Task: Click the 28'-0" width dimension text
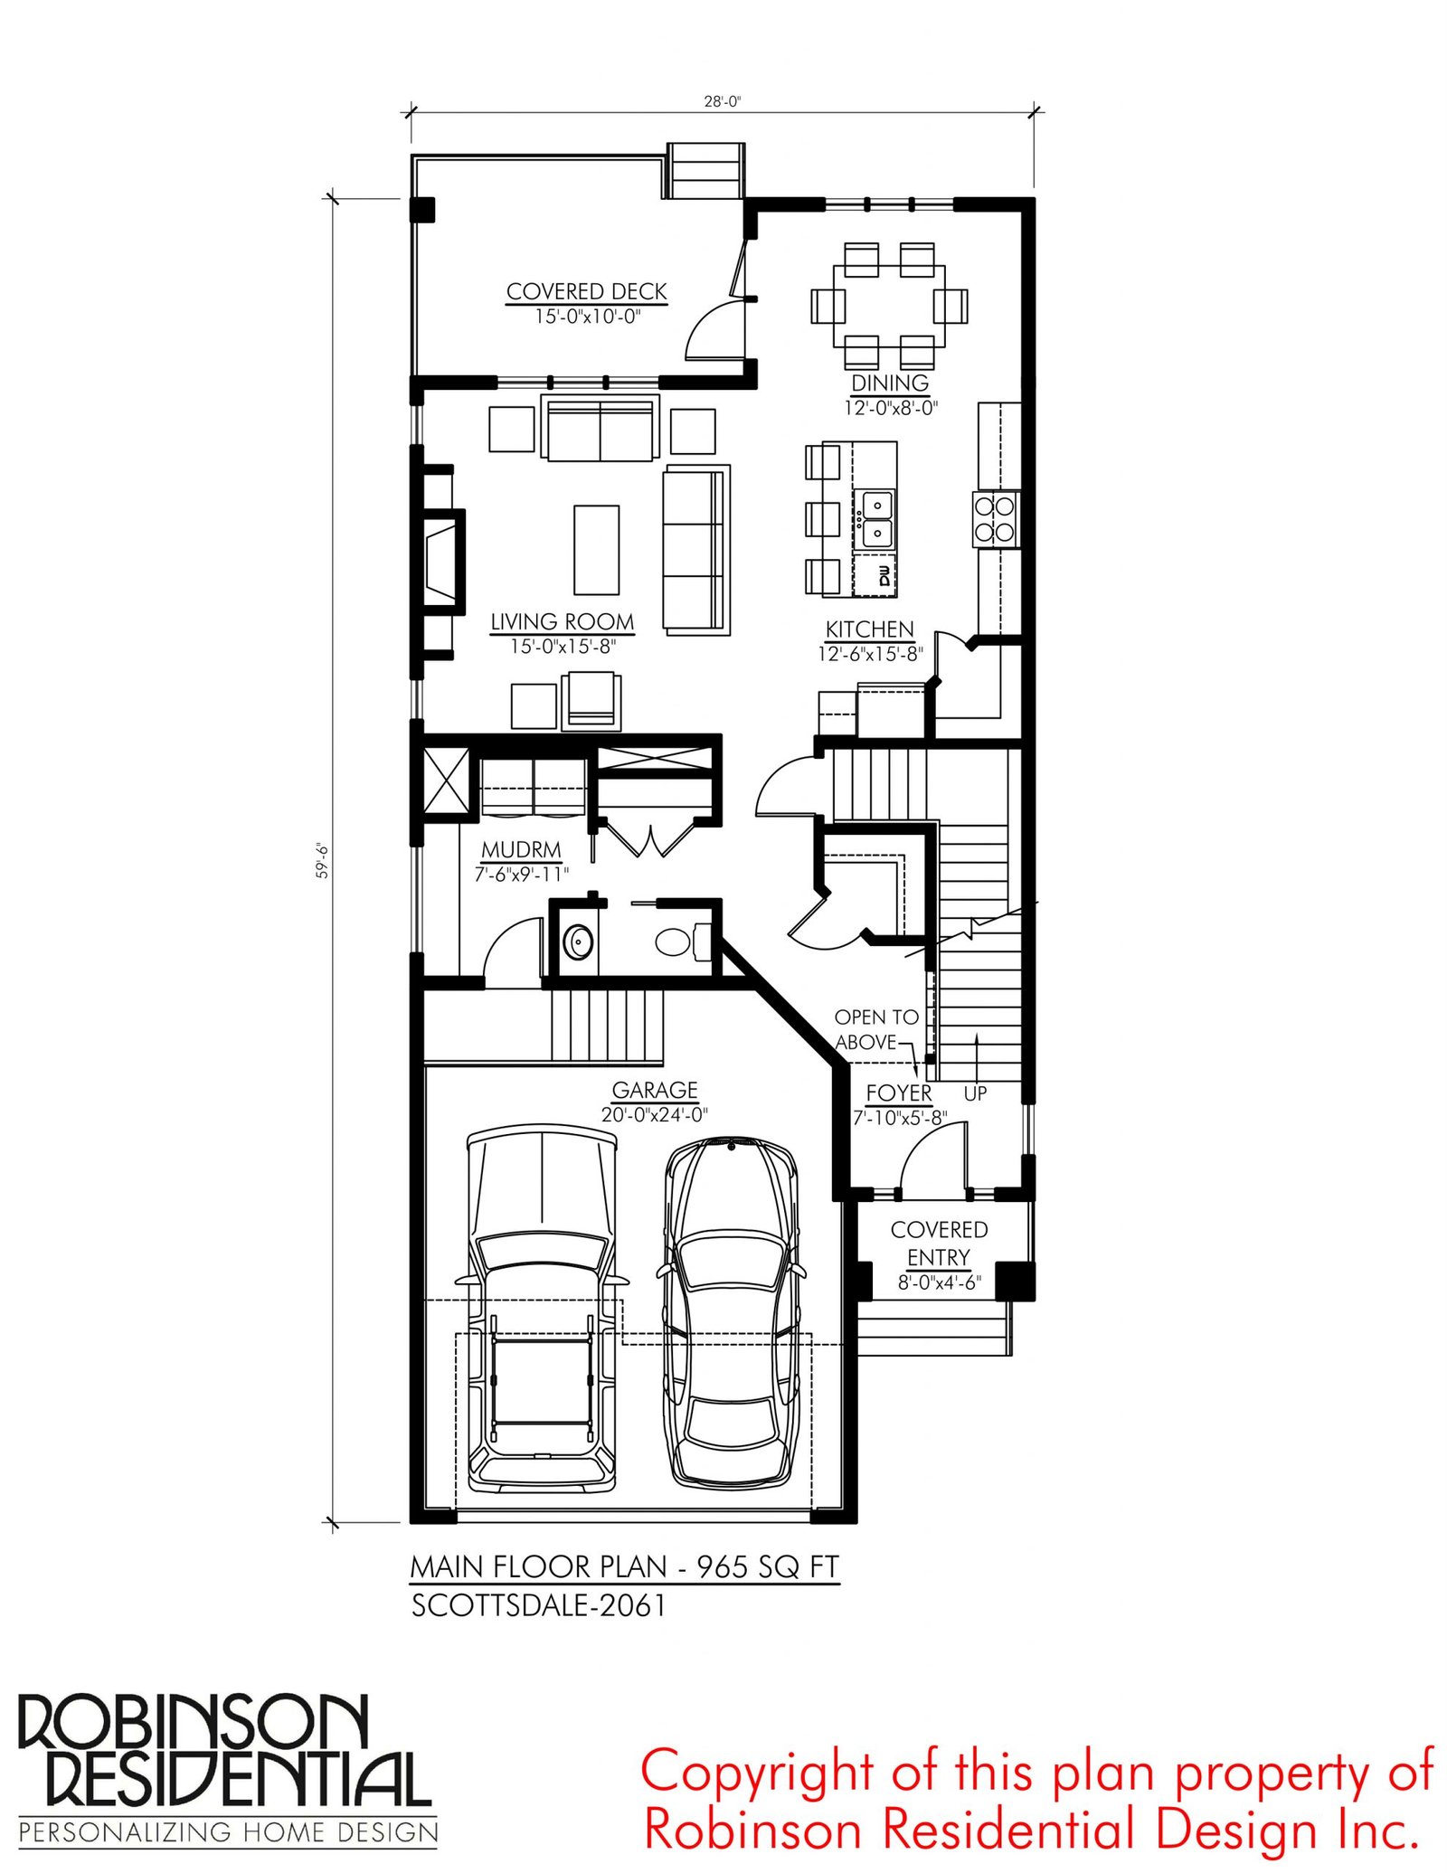(x=722, y=101)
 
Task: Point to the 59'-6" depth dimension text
(x=323, y=861)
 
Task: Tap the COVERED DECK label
(x=587, y=291)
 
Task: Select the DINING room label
(x=890, y=383)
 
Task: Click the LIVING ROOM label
(x=562, y=621)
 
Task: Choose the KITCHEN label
(x=870, y=629)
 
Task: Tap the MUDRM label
(x=521, y=849)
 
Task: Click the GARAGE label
(x=655, y=1090)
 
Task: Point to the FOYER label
(x=899, y=1093)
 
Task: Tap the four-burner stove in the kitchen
(x=996, y=518)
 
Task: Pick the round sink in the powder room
(x=578, y=942)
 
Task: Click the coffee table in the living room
(x=596, y=549)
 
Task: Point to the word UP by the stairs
(x=975, y=1093)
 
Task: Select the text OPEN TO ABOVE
(x=875, y=1029)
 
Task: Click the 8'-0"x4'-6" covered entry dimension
(x=939, y=1282)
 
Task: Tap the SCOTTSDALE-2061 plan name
(x=539, y=1605)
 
